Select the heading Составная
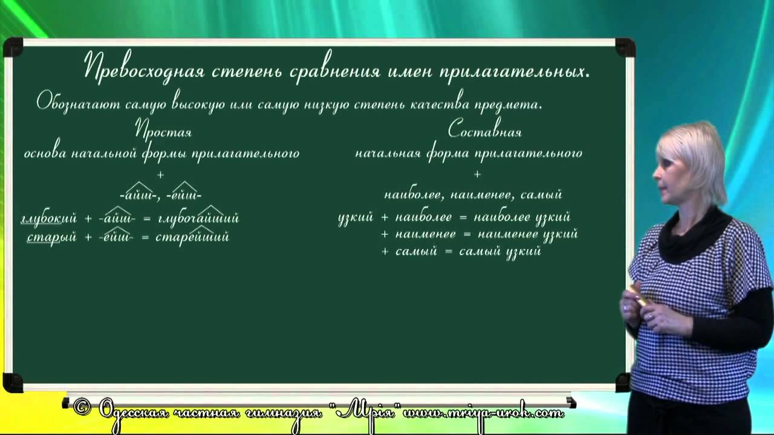click(485, 130)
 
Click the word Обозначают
click(79, 103)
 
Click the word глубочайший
click(197, 218)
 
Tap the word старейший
click(192, 237)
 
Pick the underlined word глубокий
click(48, 218)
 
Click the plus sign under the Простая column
click(160, 175)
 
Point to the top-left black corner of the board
click(13, 47)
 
